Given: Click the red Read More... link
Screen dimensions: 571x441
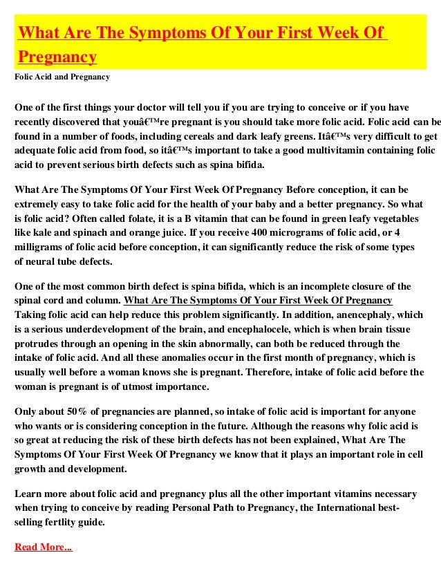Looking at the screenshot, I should pyautogui.click(x=43, y=547).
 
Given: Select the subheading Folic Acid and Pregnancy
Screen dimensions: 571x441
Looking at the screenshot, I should pyautogui.click(x=62, y=77).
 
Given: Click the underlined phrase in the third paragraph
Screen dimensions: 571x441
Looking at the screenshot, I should pyautogui.click(x=258, y=301).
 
